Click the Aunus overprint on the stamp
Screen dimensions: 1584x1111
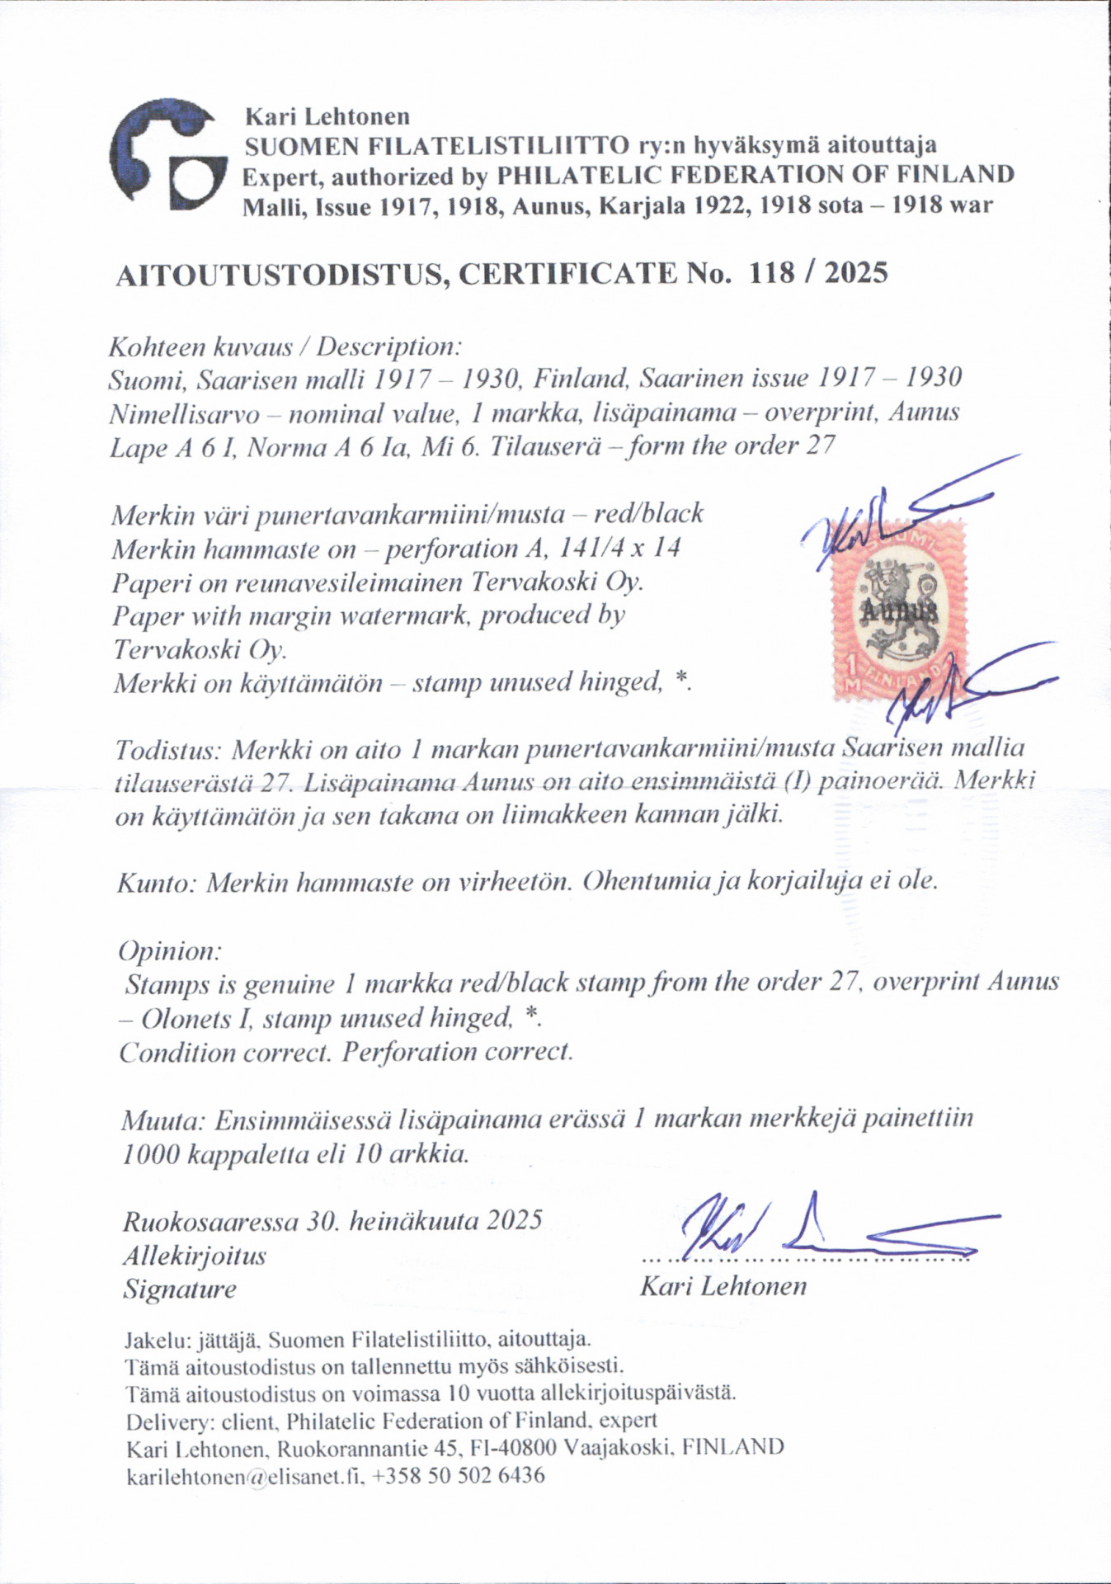click(899, 611)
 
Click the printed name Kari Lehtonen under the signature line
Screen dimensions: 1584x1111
click(723, 1286)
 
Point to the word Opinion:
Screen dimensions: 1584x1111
click(170, 951)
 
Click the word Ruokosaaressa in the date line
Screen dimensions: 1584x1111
click(210, 1221)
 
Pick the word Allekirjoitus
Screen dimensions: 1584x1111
click(195, 1256)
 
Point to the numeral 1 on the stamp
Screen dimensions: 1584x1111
click(850, 667)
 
